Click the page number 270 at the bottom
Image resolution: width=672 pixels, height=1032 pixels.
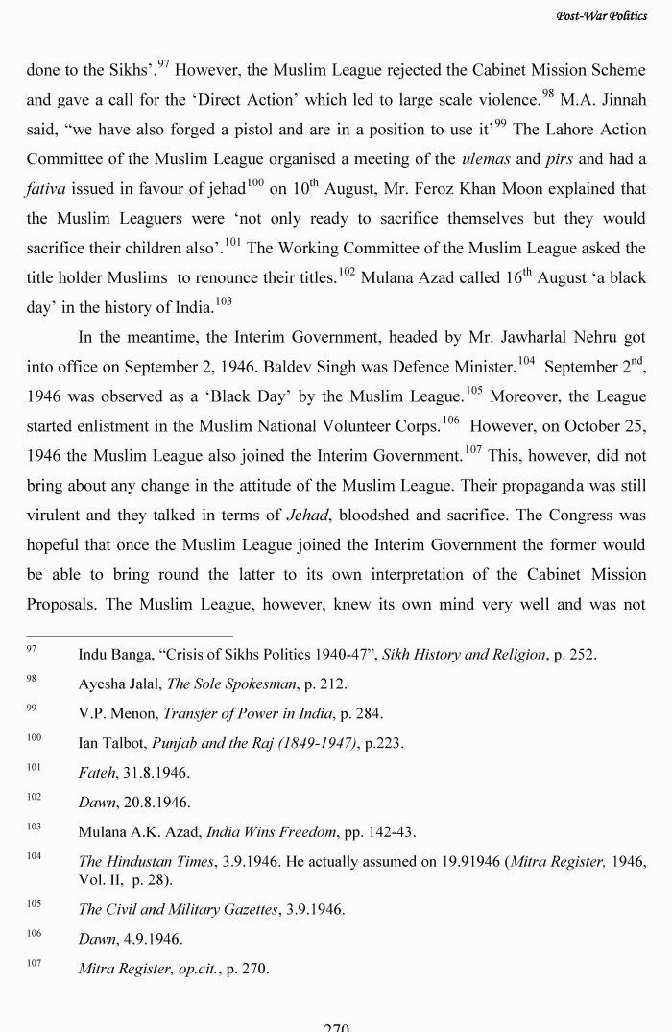336,1026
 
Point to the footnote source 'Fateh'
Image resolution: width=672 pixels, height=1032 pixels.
97,772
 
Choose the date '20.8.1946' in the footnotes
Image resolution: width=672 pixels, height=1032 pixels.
158,802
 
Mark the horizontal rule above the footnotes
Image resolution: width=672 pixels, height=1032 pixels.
130,636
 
